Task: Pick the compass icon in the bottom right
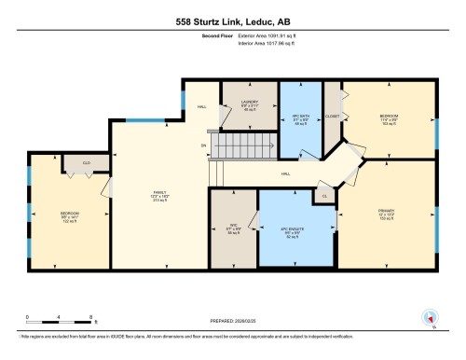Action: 432,318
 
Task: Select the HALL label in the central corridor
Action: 287,174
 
